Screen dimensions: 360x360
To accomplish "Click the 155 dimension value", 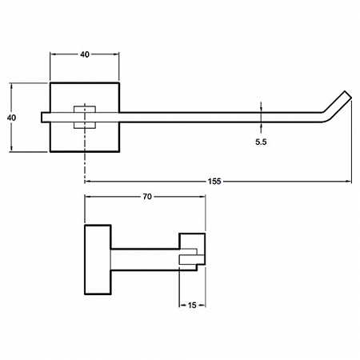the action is pos(214,182).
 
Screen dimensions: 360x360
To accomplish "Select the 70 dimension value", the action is pos(147,197).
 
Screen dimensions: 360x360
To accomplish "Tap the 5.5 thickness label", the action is pos(261,142).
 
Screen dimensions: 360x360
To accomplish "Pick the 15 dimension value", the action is pos(192,305).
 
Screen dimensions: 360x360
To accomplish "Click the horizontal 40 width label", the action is pos(85,54).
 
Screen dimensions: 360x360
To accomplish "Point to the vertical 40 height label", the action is pos(11,118).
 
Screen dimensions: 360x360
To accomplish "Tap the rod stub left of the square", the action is pos(46,118).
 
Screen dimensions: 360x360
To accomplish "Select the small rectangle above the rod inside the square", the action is pos(85,110).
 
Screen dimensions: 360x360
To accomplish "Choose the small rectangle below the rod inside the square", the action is pos(85,126).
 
